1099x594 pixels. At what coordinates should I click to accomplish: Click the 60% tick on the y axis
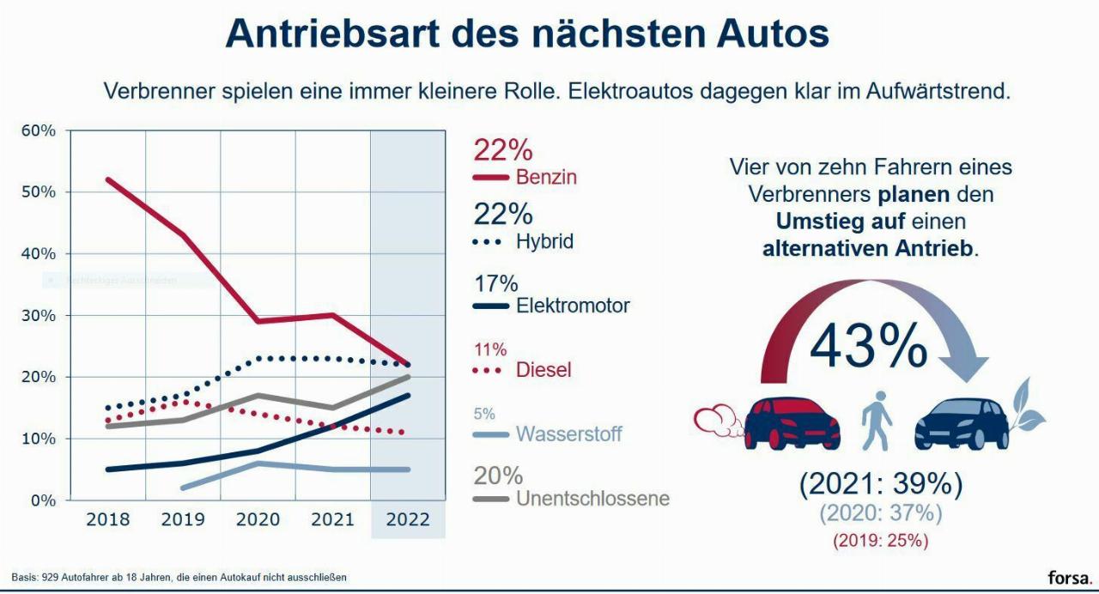pos(39,130)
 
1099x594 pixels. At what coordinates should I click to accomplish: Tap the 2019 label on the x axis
pos(183,520)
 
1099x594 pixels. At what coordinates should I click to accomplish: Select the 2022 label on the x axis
pos(408,520)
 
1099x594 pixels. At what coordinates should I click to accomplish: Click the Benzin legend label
pos(546,178)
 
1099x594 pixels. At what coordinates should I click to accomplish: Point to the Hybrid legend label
pos(544,242)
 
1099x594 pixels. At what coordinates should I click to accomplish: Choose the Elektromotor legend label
pos(573,306)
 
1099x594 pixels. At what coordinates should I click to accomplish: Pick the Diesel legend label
pos(543,370)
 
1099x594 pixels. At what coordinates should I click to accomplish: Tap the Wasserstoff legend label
pos(568,434)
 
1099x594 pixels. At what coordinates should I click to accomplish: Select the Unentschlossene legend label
pos(592,499)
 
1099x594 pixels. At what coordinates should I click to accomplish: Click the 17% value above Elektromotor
pos(495,284)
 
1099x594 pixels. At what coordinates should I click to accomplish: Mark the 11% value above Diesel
pos(490,349)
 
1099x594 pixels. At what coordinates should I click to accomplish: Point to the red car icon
pos(790,423)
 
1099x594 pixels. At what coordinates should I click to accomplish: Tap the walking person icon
pos(877,421)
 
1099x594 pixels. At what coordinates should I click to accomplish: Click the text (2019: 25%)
pos(880,541)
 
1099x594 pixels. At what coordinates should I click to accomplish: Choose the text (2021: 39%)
pos(880,485)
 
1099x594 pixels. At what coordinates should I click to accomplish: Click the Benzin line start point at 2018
pos(108,179)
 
